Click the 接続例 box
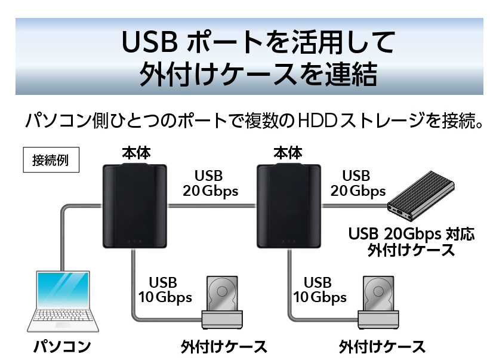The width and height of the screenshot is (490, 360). tap(51, 159)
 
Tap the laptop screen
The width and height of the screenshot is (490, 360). tap(63, 290)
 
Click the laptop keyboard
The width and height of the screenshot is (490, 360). tap(63, 315)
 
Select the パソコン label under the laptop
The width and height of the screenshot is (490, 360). tap(62, 347)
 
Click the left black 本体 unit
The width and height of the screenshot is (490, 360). tap(135, 205)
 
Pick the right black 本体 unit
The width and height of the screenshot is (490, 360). tap(289, 205)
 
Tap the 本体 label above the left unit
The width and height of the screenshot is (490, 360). tap(136, 153)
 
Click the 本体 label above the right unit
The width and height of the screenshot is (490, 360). tap(288, 153)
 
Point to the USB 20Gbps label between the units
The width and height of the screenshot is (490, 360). tap(210, 184)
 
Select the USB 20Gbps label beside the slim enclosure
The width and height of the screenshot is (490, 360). tap(358, 184)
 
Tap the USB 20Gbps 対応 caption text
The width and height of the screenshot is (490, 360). tap(412, 234)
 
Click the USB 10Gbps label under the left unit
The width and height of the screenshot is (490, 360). tap(165, 290)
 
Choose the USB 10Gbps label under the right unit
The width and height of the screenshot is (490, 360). tap(320, 290)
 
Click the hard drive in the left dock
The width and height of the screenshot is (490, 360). tap(222, 294)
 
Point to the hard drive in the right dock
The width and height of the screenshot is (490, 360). tap(378, 294)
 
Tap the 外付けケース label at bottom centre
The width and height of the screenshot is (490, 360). tap(224, 347)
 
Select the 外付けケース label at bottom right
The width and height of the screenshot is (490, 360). tap(382, 347)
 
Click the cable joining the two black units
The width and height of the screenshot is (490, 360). tap(211, 205)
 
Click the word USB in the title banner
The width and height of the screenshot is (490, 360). tap(150, 42)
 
